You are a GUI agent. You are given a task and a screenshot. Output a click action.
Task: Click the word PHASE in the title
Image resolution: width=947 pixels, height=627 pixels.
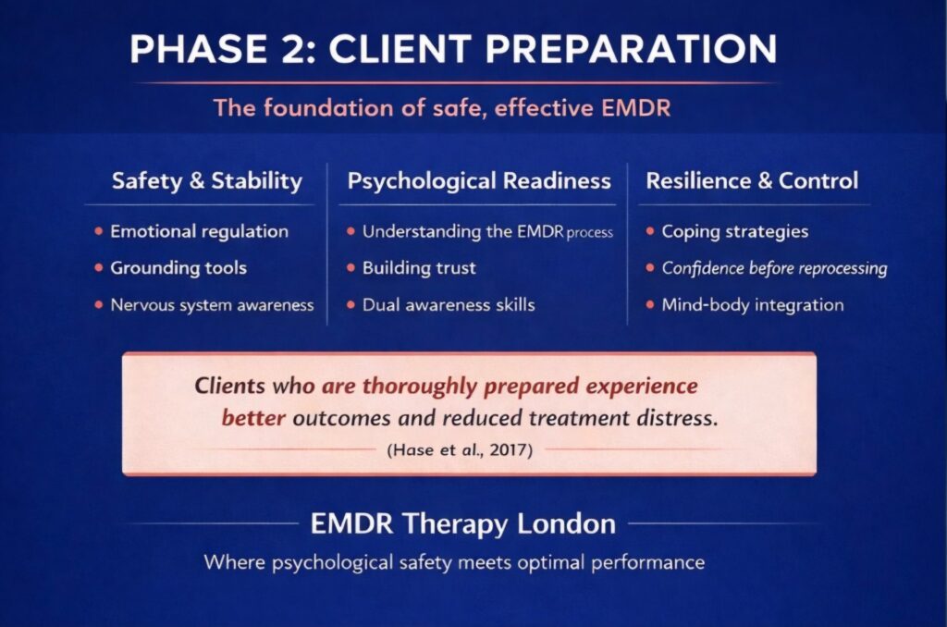199,49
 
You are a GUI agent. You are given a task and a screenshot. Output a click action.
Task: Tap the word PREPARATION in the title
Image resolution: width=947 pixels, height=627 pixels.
631,49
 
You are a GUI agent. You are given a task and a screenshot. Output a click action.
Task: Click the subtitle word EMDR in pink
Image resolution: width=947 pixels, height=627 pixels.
635,108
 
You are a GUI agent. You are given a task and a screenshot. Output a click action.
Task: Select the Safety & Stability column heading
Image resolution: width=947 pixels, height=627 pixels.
207,180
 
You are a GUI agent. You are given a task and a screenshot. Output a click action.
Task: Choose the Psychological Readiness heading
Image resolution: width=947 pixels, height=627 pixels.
479,180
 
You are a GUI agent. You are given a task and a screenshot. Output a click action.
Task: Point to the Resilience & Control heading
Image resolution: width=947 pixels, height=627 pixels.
752,180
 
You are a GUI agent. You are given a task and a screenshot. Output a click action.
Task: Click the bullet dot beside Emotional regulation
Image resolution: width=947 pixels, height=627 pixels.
98,231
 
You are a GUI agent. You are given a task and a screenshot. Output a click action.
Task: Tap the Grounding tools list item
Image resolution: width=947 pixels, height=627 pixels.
178,267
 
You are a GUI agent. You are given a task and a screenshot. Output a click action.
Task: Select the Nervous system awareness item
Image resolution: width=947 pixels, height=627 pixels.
212,305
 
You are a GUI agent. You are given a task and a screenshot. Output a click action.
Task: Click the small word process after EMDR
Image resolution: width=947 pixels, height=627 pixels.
589,232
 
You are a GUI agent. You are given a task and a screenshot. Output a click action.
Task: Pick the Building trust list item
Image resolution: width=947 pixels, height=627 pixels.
419,267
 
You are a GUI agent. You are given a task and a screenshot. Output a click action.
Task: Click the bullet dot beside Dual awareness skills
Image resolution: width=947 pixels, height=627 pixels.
351,304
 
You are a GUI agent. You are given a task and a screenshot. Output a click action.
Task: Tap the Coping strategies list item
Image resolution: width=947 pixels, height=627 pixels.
735,231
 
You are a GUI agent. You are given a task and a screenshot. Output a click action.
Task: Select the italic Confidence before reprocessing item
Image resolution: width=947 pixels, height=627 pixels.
775,268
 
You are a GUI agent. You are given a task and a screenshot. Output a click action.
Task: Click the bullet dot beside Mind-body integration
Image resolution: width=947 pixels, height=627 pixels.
650,304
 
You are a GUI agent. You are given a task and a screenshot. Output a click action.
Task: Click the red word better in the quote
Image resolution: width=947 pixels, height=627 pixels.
253,417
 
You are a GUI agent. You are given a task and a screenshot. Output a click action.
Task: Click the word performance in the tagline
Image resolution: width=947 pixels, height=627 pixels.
647,563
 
